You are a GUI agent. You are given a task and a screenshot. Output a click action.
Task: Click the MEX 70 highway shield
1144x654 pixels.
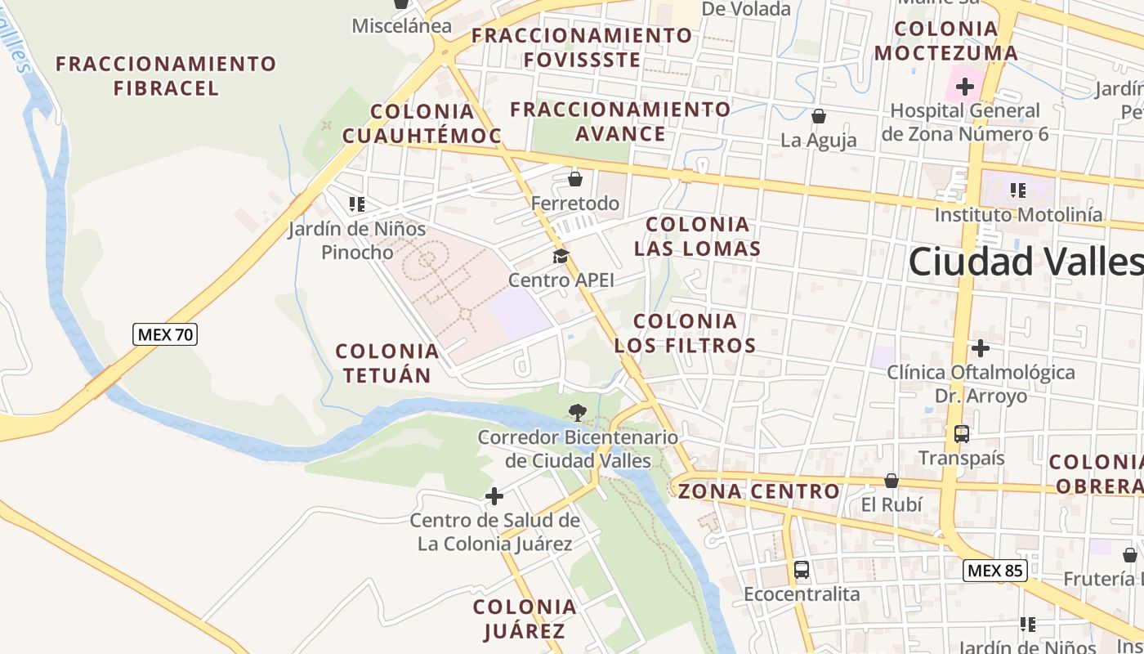[x=165, y=334]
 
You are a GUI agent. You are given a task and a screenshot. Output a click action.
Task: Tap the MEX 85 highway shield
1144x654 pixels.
[x=994, y=570]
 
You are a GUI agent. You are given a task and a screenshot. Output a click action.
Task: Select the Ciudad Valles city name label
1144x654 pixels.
[x=1026, y=262]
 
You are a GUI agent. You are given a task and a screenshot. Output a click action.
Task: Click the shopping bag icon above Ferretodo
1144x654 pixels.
[x=575, y=178]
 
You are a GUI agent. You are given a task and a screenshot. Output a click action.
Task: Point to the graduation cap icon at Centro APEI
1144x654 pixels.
[x=561, y=257]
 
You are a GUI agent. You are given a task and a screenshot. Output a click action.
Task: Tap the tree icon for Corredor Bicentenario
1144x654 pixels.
[x=578, y=412]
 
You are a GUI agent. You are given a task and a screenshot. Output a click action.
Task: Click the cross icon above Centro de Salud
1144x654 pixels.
[x=494, y=496]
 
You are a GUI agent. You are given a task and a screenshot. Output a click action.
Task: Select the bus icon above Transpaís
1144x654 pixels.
[x=962, y=433]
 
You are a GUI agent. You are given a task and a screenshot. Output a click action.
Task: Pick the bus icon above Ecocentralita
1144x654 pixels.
[x=802, y=570]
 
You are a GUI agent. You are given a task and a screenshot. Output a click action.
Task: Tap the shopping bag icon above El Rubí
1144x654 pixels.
[x=892, y=481]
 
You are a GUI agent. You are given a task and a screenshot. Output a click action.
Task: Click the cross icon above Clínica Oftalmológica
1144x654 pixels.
[x=981, y=348]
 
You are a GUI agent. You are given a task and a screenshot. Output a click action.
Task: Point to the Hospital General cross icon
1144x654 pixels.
[x=965, y=86]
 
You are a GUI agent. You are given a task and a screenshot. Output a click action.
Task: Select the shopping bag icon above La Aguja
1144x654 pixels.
[x=818, y=116]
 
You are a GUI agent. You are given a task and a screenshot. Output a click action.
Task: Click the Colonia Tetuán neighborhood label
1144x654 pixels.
[x=387, y=363]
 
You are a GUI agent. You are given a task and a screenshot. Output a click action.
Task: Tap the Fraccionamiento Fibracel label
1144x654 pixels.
[x=166, y=75]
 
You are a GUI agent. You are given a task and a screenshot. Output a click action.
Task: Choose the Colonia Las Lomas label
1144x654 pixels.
[x=698, y=236]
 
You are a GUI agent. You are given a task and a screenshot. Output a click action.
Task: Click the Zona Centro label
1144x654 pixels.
[x=759, y=491]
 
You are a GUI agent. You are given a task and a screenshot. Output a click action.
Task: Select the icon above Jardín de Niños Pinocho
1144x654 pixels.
[x=357, y=204]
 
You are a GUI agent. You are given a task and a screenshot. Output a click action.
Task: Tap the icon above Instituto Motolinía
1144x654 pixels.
[x=1018, y=190]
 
